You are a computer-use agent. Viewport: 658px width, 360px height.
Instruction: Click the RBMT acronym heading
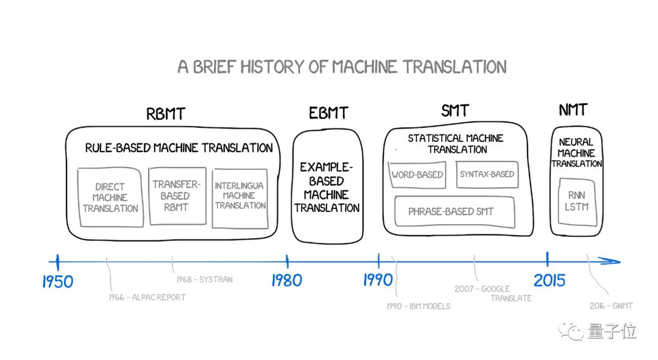tap(165, 114)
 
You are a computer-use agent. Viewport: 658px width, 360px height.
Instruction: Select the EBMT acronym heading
tap(328, 113)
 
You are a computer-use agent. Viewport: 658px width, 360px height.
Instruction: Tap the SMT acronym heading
tap(455, 111)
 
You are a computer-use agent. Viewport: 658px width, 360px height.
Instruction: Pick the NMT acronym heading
tap(573, 110)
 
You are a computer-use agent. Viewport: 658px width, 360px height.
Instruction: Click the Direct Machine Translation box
tap(110, 197)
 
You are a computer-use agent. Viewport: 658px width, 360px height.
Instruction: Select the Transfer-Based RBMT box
tap(175, 196)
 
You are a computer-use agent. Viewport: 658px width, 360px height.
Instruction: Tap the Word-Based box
tap(417, 174)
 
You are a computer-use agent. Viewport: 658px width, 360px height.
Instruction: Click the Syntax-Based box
tap(487, 174)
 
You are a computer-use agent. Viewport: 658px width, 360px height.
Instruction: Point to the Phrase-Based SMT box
tap(451, 211)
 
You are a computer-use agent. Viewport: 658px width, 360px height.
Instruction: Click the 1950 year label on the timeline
tap(58, 281)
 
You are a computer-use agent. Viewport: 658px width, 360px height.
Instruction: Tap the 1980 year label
tap(286, 280)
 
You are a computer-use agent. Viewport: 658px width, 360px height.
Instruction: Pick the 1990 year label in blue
tap(378, 280)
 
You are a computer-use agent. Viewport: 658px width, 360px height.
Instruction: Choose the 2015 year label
tap(550, 280)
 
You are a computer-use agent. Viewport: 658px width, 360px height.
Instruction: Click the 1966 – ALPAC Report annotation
tap(147, 297)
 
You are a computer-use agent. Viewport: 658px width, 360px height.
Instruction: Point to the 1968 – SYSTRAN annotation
tap(204, 280)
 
